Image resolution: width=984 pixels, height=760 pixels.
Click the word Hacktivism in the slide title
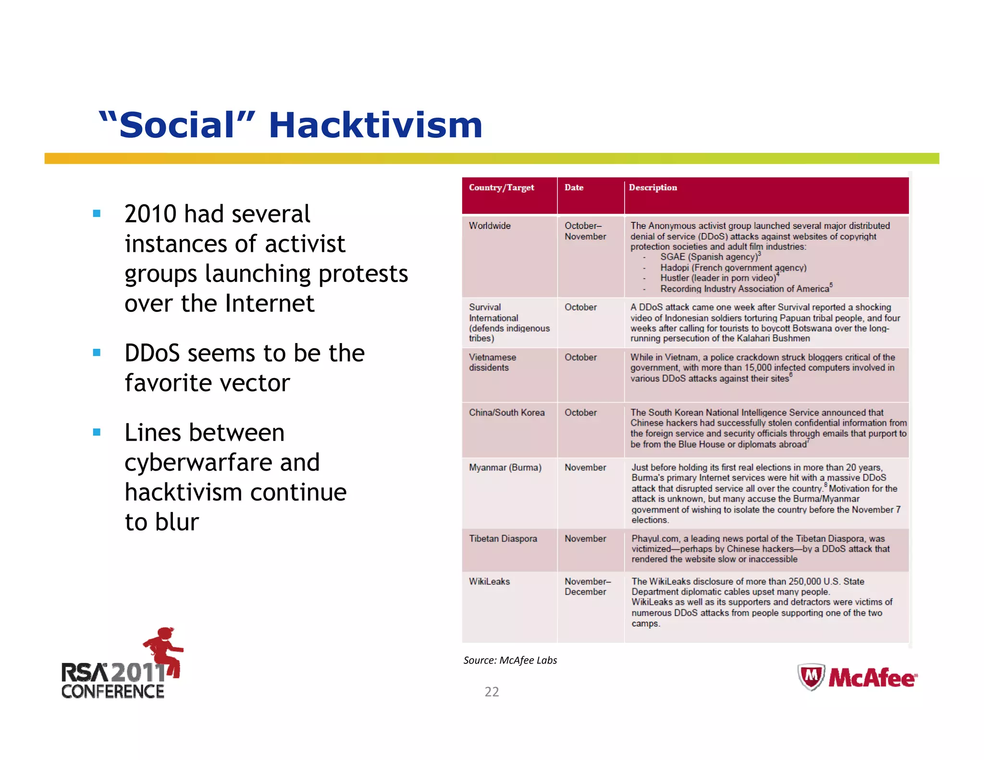(375, 125)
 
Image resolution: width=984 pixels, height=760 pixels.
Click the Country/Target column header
(501, 188)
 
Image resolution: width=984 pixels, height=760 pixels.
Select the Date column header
(574, 188)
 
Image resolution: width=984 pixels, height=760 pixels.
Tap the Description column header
(652, 188)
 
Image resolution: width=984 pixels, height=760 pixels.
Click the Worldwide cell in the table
(490, 226)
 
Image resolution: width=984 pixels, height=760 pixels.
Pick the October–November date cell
(585, 231)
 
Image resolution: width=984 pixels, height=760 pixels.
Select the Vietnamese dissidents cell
(492, 362)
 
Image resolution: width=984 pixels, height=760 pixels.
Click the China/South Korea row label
(506, 413)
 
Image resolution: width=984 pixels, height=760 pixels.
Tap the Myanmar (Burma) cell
(504, 467)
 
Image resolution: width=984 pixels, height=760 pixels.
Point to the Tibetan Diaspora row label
(503, 539)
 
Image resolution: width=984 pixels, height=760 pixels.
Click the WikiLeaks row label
(489, 581)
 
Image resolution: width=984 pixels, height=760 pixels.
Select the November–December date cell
(587, 587)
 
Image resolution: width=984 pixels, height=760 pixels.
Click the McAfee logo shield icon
(811, 676)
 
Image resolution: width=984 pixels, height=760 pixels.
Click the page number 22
(492, 692)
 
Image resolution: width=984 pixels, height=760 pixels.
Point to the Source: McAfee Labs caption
(510, 661)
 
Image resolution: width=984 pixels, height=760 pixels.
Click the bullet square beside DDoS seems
(97, 353)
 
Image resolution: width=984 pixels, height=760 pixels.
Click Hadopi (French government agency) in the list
(733, 268)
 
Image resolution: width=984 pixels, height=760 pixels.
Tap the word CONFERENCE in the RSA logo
(113, 692)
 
